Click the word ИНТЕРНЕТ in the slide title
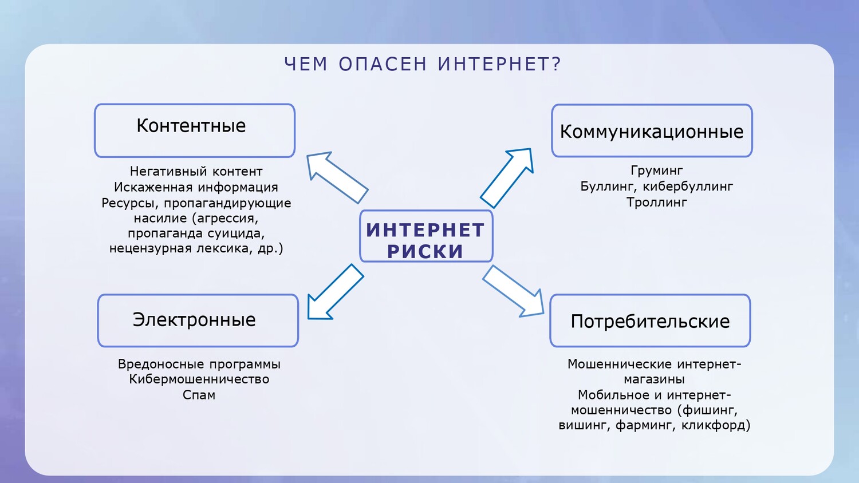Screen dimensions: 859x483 point(495,64)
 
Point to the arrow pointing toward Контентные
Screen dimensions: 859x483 point(337,177)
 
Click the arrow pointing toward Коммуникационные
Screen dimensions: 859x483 point(507,178)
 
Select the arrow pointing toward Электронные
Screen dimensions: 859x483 point(335,292)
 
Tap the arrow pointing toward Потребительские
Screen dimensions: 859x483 point(514,291)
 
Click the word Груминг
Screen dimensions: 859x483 point(656,171)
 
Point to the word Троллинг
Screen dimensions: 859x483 point(656,203)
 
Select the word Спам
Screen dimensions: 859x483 point(199,395)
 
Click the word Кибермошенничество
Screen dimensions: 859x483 point(199,379)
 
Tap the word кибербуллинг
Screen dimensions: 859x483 point(688,187)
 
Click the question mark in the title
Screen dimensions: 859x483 point(557,64)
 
